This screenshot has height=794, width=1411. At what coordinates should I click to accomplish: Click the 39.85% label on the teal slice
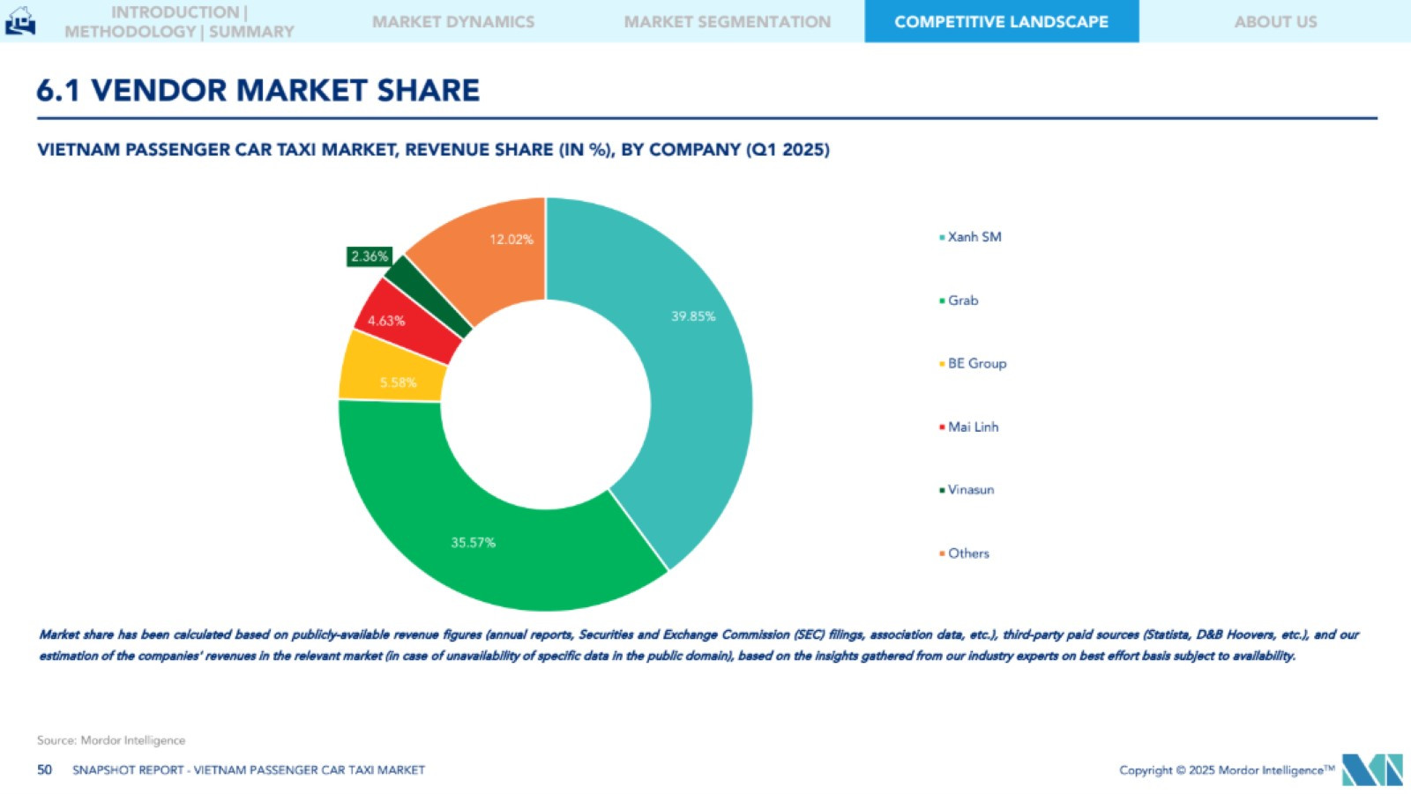[x=693, y=316]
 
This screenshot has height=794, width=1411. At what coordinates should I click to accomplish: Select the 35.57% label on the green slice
[x=473, y=543]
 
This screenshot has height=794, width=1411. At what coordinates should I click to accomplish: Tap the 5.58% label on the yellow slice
[x=398, y=382]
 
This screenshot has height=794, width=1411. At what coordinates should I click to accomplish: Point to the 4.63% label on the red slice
[x=386, y=321]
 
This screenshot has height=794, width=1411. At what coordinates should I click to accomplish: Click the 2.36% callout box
[x=369, y=256]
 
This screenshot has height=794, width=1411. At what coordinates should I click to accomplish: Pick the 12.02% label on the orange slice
[x=511, y=240]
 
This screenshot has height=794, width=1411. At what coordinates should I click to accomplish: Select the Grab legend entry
[x=962, y=301]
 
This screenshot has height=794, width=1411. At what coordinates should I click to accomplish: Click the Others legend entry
[x=967, y=553]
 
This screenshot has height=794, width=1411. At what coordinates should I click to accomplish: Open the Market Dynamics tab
[x=453, y=22]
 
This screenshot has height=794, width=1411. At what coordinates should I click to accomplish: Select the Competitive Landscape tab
[x=1001, y=22]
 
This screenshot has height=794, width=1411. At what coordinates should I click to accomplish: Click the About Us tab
[x=1275, y=22]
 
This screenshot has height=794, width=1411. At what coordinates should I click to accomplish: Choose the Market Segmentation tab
[x=728, y=22]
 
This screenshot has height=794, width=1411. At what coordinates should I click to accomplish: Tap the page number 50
[x=45, y=770]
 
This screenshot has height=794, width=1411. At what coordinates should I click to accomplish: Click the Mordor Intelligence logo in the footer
[x=1371, y=769]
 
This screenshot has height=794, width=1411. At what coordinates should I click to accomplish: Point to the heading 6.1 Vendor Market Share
[x=258, y=90]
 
